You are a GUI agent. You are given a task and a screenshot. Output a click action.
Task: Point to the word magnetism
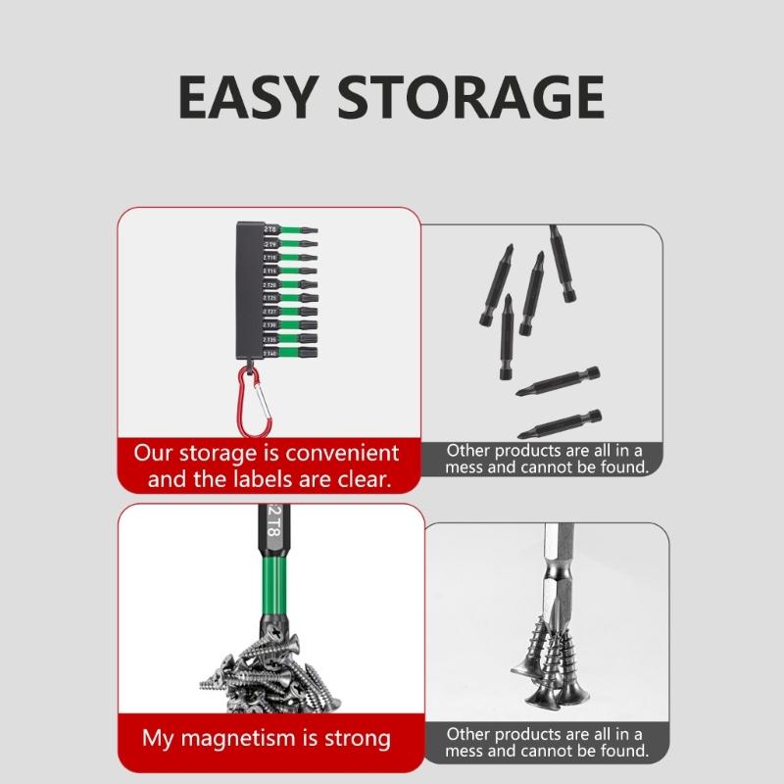pos(236,738)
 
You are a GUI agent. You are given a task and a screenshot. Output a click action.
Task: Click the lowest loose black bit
pos(558,422)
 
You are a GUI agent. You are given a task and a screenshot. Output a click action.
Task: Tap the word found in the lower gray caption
pos(616,751)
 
